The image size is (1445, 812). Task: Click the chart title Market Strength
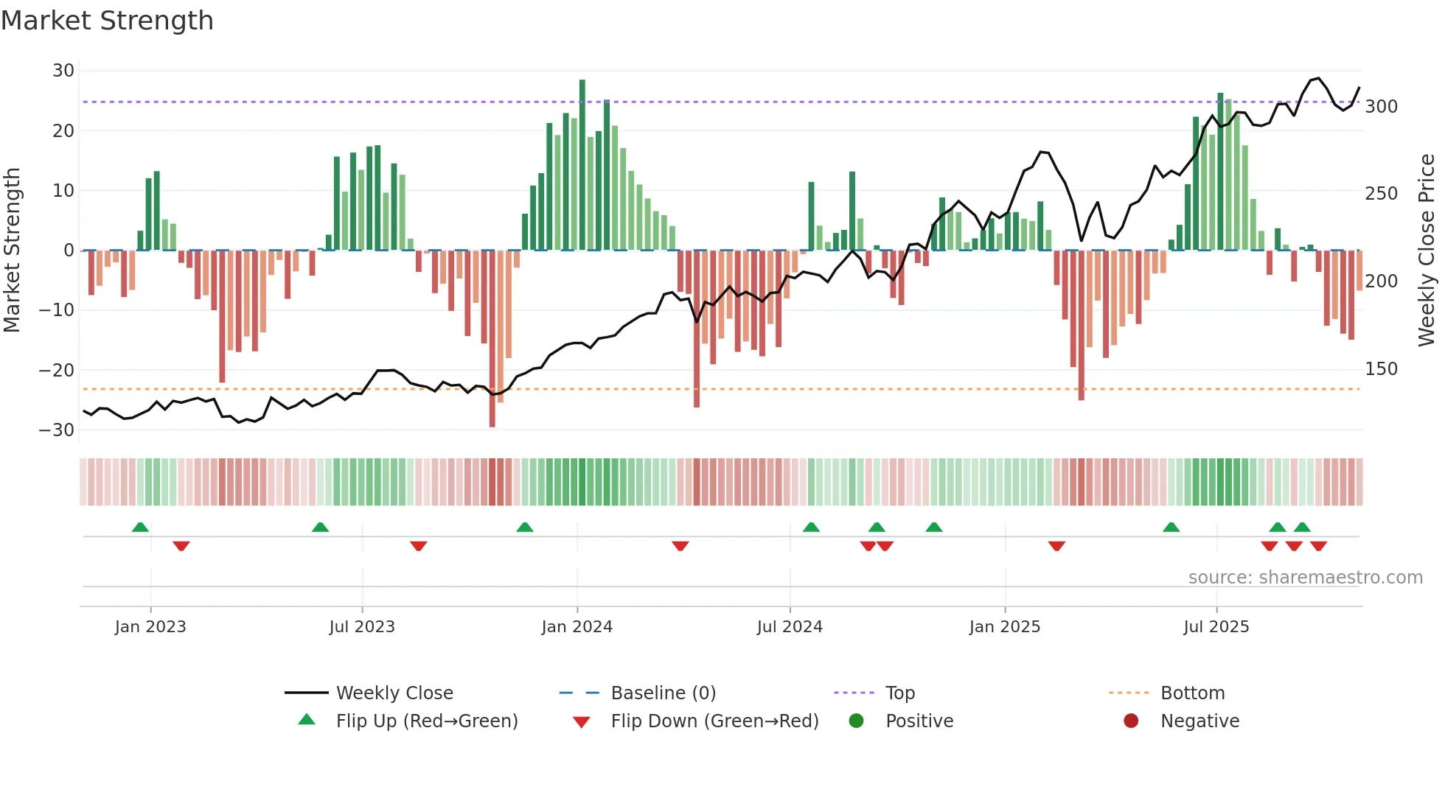point(107,21)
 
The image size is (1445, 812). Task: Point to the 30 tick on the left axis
point(63,71)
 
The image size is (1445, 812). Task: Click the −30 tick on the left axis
point(57,430)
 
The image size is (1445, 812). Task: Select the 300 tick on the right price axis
point(1381,107)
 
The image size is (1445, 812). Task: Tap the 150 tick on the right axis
point(1381,369)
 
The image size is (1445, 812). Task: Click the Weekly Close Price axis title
point(1427,251)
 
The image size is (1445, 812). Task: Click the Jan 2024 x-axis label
point(577,627)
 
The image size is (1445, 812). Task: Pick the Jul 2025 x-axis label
point(1216,627)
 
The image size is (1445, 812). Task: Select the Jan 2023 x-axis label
point(150,627)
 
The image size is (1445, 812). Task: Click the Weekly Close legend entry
point(394,693)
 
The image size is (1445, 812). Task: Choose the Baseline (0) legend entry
point(663,693)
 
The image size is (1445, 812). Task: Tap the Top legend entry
point(899,693)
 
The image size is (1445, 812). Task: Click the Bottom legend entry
point(1192,693)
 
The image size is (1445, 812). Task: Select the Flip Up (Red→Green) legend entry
point(426,721)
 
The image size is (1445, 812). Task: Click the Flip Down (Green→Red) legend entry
point(714,721)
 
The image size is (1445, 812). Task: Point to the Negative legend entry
point(1199,721)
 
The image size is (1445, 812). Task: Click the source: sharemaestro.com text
point(1305,578)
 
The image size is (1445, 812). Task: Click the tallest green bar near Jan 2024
point(582,166)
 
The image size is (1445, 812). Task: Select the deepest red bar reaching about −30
point(492,339)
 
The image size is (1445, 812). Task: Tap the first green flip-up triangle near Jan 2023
point(140,527)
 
